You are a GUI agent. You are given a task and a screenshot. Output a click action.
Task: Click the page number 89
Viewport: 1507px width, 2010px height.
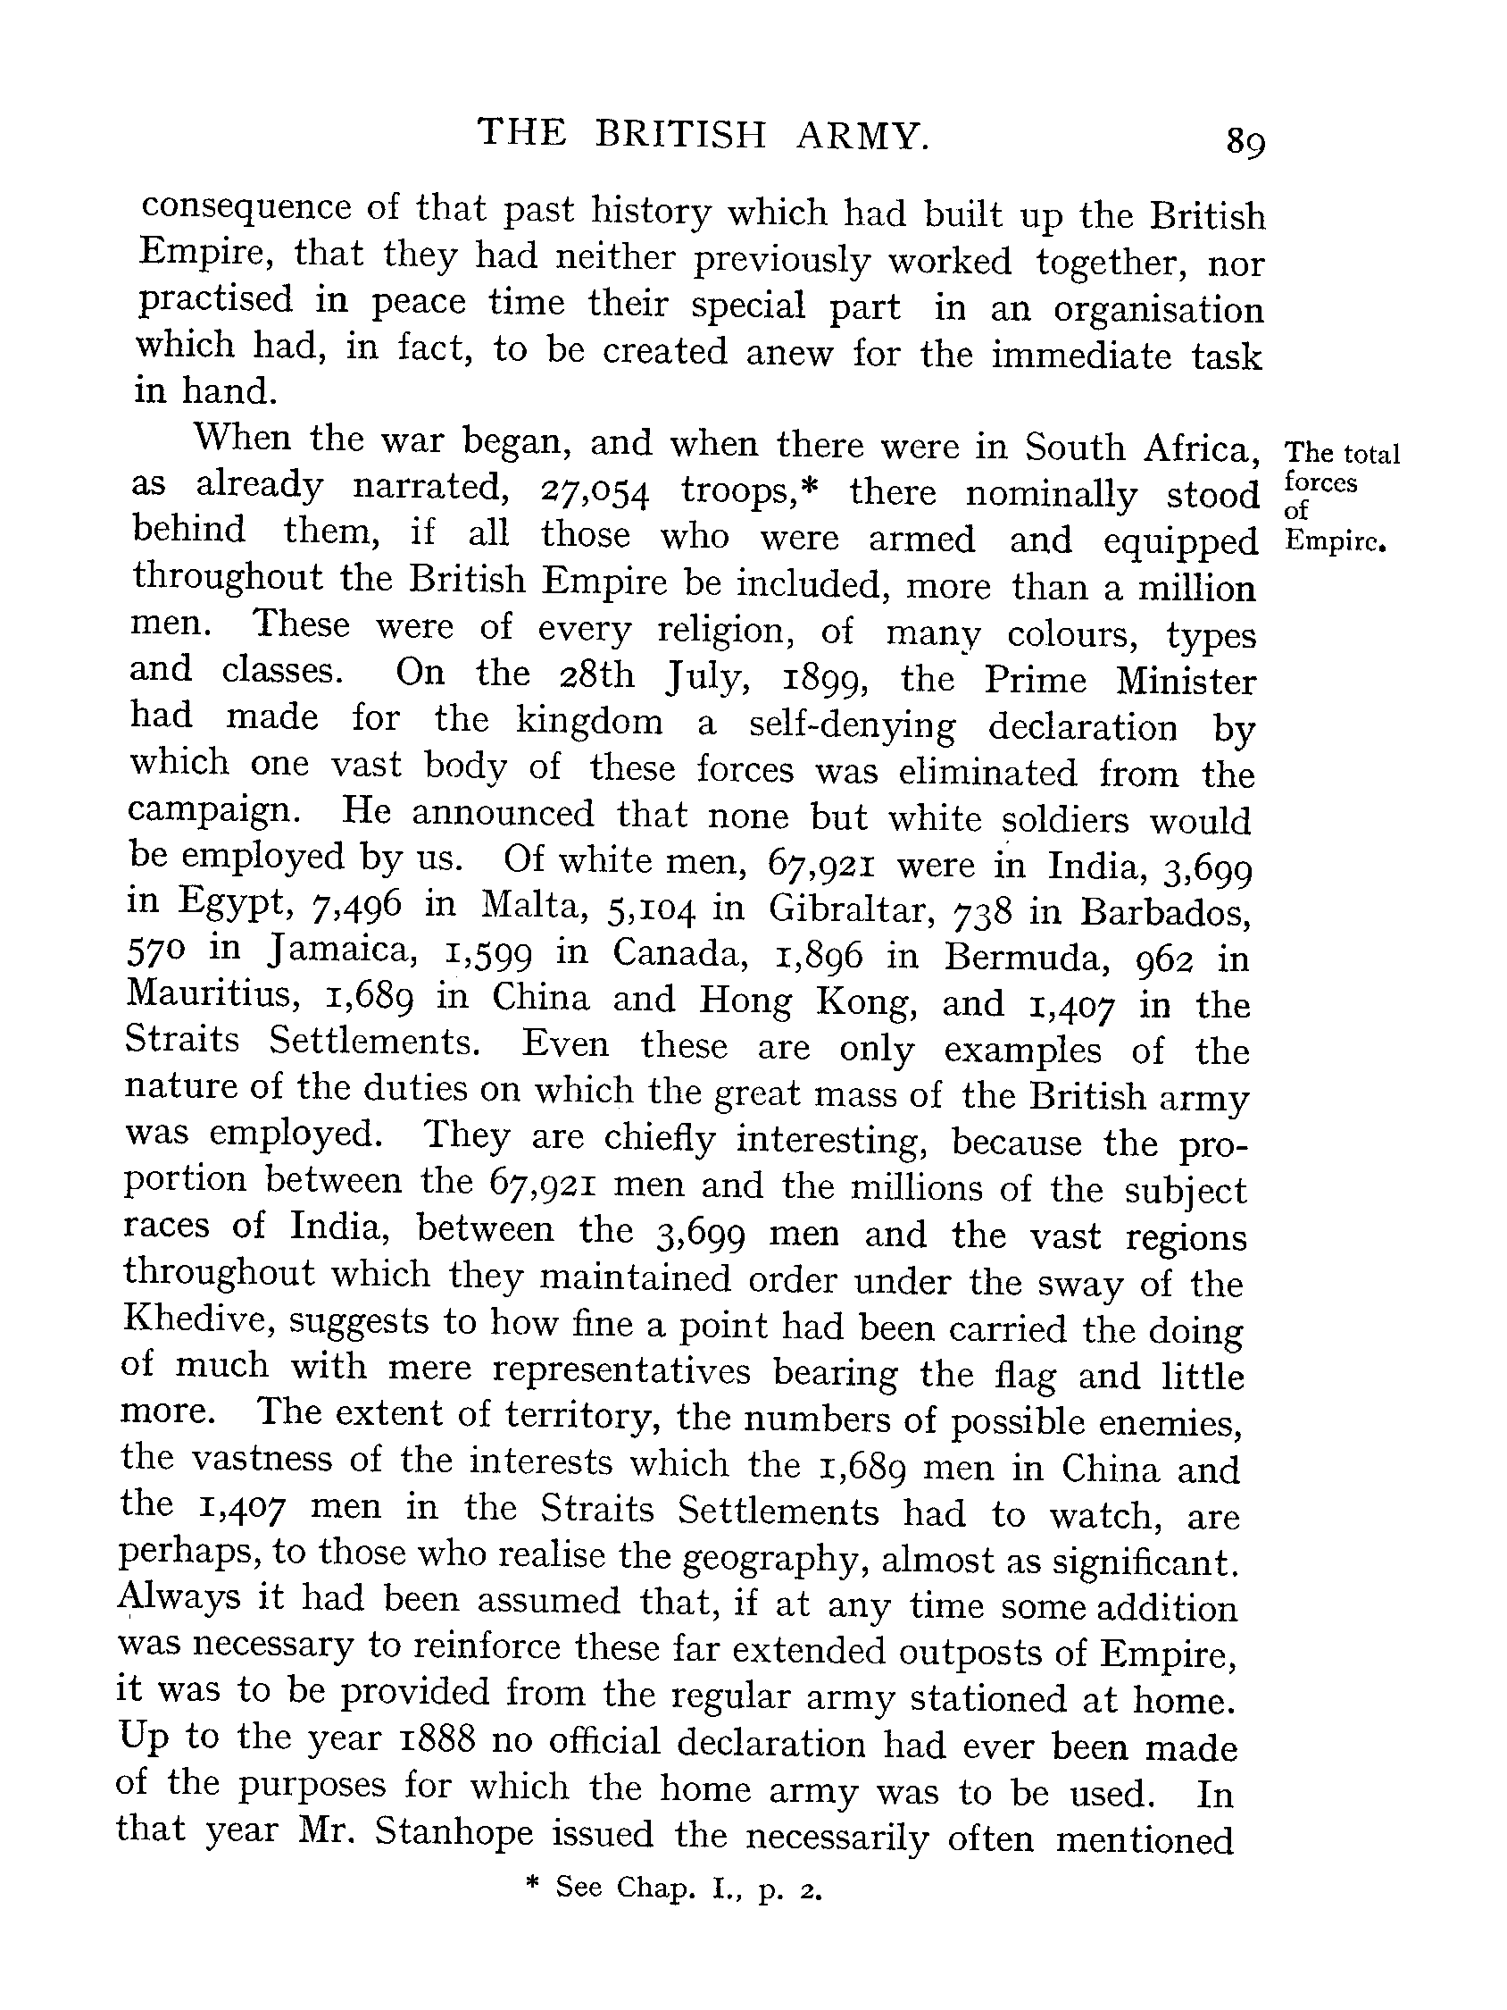click(x=1245, y=142)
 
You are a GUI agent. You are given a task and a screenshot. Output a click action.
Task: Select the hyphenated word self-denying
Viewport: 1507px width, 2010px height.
click(x=852, y=725)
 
